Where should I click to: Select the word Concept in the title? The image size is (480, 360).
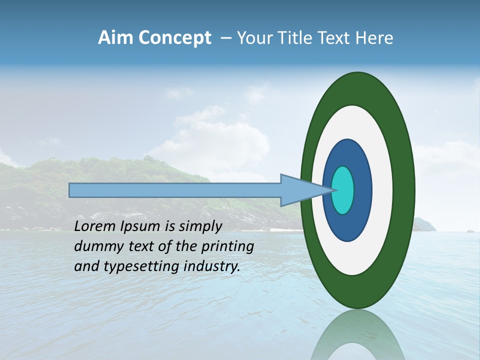(174, 38)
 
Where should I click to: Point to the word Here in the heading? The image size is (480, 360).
(374, 37)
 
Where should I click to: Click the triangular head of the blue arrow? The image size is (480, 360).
(300, 190)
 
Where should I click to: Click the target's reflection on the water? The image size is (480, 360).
(357, 335)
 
